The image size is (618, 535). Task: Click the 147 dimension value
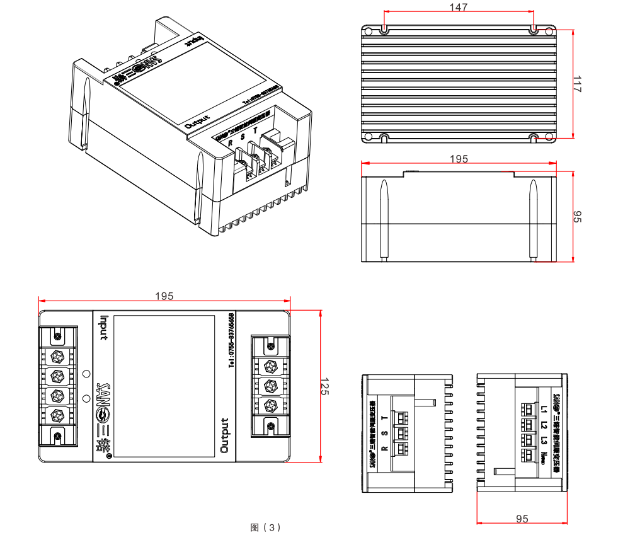[x=459, y=7]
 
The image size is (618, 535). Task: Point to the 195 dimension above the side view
[x=459, y=158]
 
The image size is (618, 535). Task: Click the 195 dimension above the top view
[x=164, y=296]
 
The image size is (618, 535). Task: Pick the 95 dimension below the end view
[x=522, y=519]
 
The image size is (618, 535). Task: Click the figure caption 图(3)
[x=265, y=527]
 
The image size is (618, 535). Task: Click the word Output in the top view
[x=224, y=435]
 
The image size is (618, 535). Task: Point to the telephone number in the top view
[x=231, y=340]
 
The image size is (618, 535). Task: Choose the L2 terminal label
[x=544, y=425]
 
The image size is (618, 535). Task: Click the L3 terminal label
[x=544, y=440]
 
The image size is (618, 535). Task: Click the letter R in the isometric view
[x=231, y=143]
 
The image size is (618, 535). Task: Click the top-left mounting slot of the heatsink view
[x=384, y=29]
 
